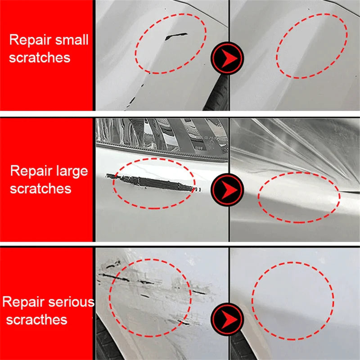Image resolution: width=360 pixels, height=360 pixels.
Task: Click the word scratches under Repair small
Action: coord(40,58)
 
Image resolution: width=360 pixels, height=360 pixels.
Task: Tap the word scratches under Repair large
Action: coord(40,188)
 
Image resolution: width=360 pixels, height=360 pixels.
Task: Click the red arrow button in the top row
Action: coord(227,58)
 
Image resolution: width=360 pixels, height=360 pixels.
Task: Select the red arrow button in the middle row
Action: coord(227,187)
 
